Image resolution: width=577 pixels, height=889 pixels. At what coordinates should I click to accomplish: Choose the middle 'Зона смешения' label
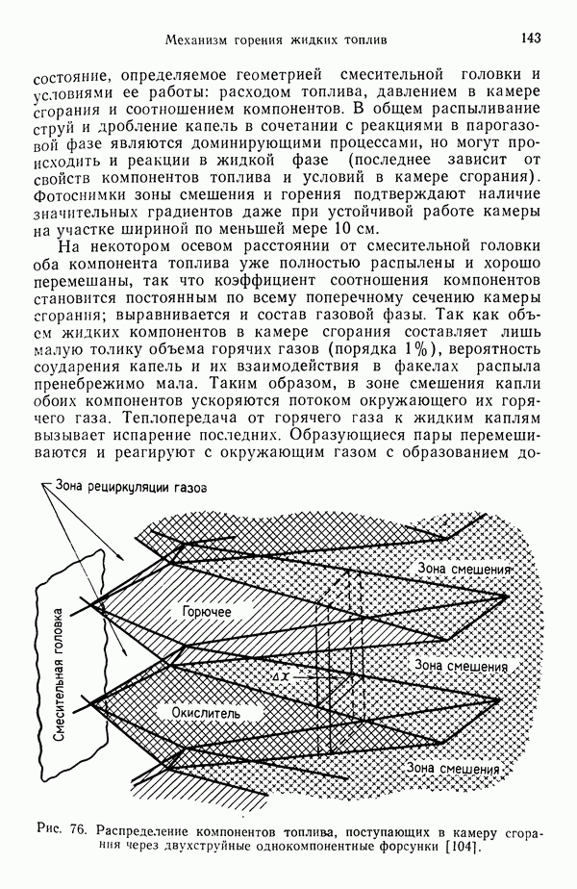coord(461,665)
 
